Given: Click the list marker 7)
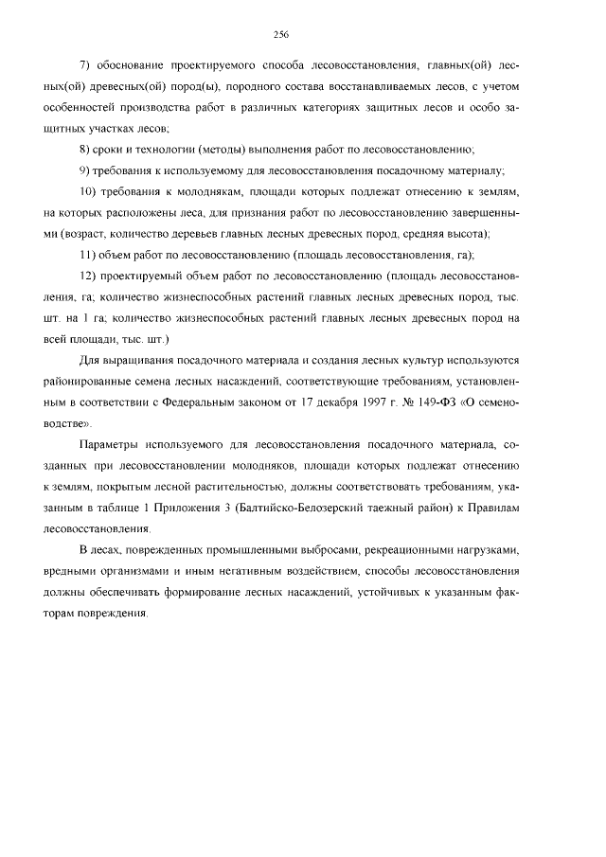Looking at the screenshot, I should tap(85, 64).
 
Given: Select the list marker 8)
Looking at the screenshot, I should tap(85, 149).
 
